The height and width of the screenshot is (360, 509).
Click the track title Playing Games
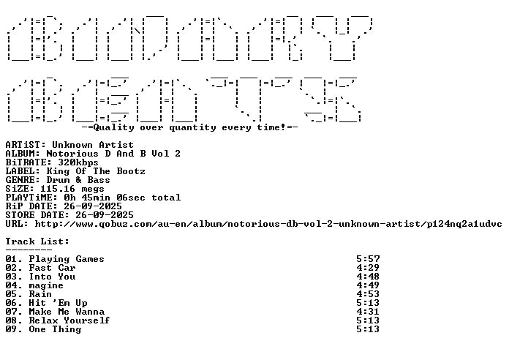pyautogui.click(x=67, y=259)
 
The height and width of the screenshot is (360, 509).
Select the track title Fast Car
pyautogui.click(x=52, y=268)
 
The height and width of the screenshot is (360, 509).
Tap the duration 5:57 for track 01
pyautogui.click(x=368, y=259)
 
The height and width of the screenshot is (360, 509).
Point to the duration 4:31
pyautogui.click(x=368, y=312)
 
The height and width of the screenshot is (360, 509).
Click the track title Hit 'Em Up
pyautogui.click(x=58, y=303)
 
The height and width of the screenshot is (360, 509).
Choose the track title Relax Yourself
pyautogui.click(x=69, y=320)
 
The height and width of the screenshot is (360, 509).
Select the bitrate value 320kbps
pyautogui.click(x=78, y=162)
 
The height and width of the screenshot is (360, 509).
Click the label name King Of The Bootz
pyautogui.click(x=96, y=171)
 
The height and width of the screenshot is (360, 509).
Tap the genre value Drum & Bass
pyautogui.click(x=78, y=180)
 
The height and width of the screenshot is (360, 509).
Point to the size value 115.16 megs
pyautogui.click(x=72, y=189)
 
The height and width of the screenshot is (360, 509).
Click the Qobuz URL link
pyautogui.click(x=268, y=224)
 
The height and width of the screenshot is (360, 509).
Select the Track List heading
pyautogui.click(x=37, y=241)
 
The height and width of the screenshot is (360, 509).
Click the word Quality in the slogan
pyautogui.click(x=113, y=127)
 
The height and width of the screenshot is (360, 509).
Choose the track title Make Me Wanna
pyautogui.click(x=67, y=312)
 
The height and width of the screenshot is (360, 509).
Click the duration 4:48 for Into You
pyautogui.click(x=368, y=277)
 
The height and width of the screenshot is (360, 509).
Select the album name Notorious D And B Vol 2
pyautogui.click(x=113, y=154)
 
